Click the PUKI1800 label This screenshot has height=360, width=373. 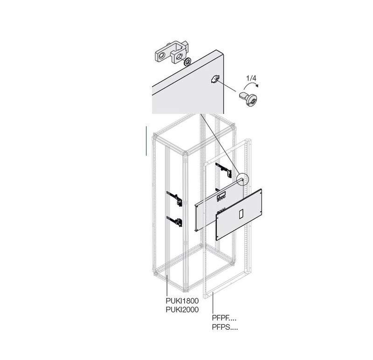click(x=182, y=301)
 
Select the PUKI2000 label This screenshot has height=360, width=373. click(x=182, y=310)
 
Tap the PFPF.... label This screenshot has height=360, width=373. click(x=224, y=318)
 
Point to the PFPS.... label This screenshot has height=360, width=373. click(x=225, y=327)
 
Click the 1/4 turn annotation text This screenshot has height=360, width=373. click(x=251, y=78)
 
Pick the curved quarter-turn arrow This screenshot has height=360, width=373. click(x=251, y=85)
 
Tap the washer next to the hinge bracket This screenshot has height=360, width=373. click(x=187, y=62)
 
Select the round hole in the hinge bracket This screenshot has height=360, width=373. click(x=162, y=56)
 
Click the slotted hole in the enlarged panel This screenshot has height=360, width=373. click(x=215, y=79)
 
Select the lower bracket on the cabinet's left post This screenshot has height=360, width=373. click(x=175, y=222)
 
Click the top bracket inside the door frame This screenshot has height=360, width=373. click(x=224, y=170)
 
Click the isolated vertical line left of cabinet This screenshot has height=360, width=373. click(x=146, y=141)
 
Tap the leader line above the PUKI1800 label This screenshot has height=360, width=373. click(x=167, y=285)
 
